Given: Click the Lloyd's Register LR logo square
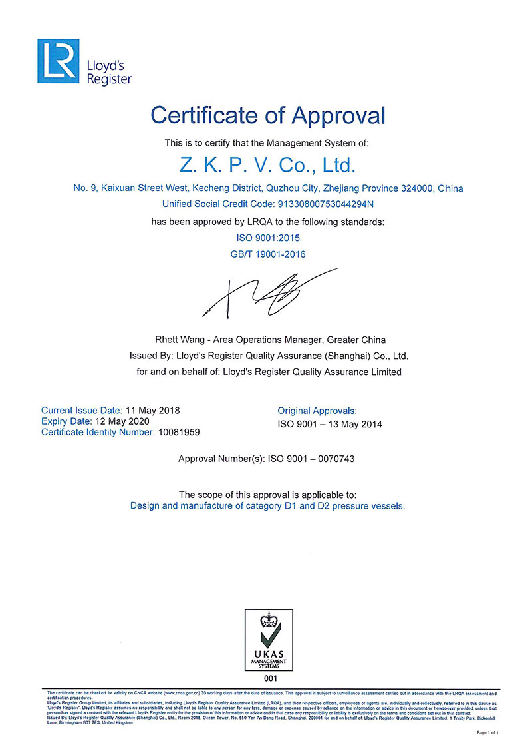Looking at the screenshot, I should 58,61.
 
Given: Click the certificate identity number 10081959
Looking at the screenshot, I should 178,432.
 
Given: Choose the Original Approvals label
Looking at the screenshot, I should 317,411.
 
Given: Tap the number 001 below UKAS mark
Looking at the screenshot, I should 268,679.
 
